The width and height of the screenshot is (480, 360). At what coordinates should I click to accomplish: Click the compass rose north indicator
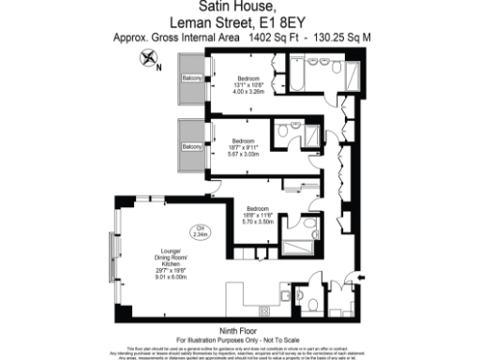click(x=147, y=59)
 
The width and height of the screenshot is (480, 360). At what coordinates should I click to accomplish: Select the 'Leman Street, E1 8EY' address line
click(x=239, y=25)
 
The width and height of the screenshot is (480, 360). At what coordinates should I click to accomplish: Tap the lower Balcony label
click(x=192, y=147)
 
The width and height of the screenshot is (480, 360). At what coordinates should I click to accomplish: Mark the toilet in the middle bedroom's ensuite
click(x=282, y=133)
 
